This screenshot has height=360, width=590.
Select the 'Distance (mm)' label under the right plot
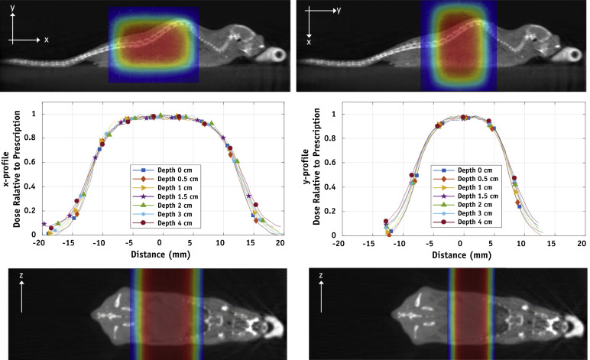click(x=460, y=255)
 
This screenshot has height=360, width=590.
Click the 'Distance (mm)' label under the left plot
click(x=159, y=255)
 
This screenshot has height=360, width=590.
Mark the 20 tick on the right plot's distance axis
click(x=582, y=243)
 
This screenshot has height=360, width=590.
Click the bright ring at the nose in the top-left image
click(x=277, y=55)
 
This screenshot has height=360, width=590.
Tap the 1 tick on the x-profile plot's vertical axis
click(x=31, y=114)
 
